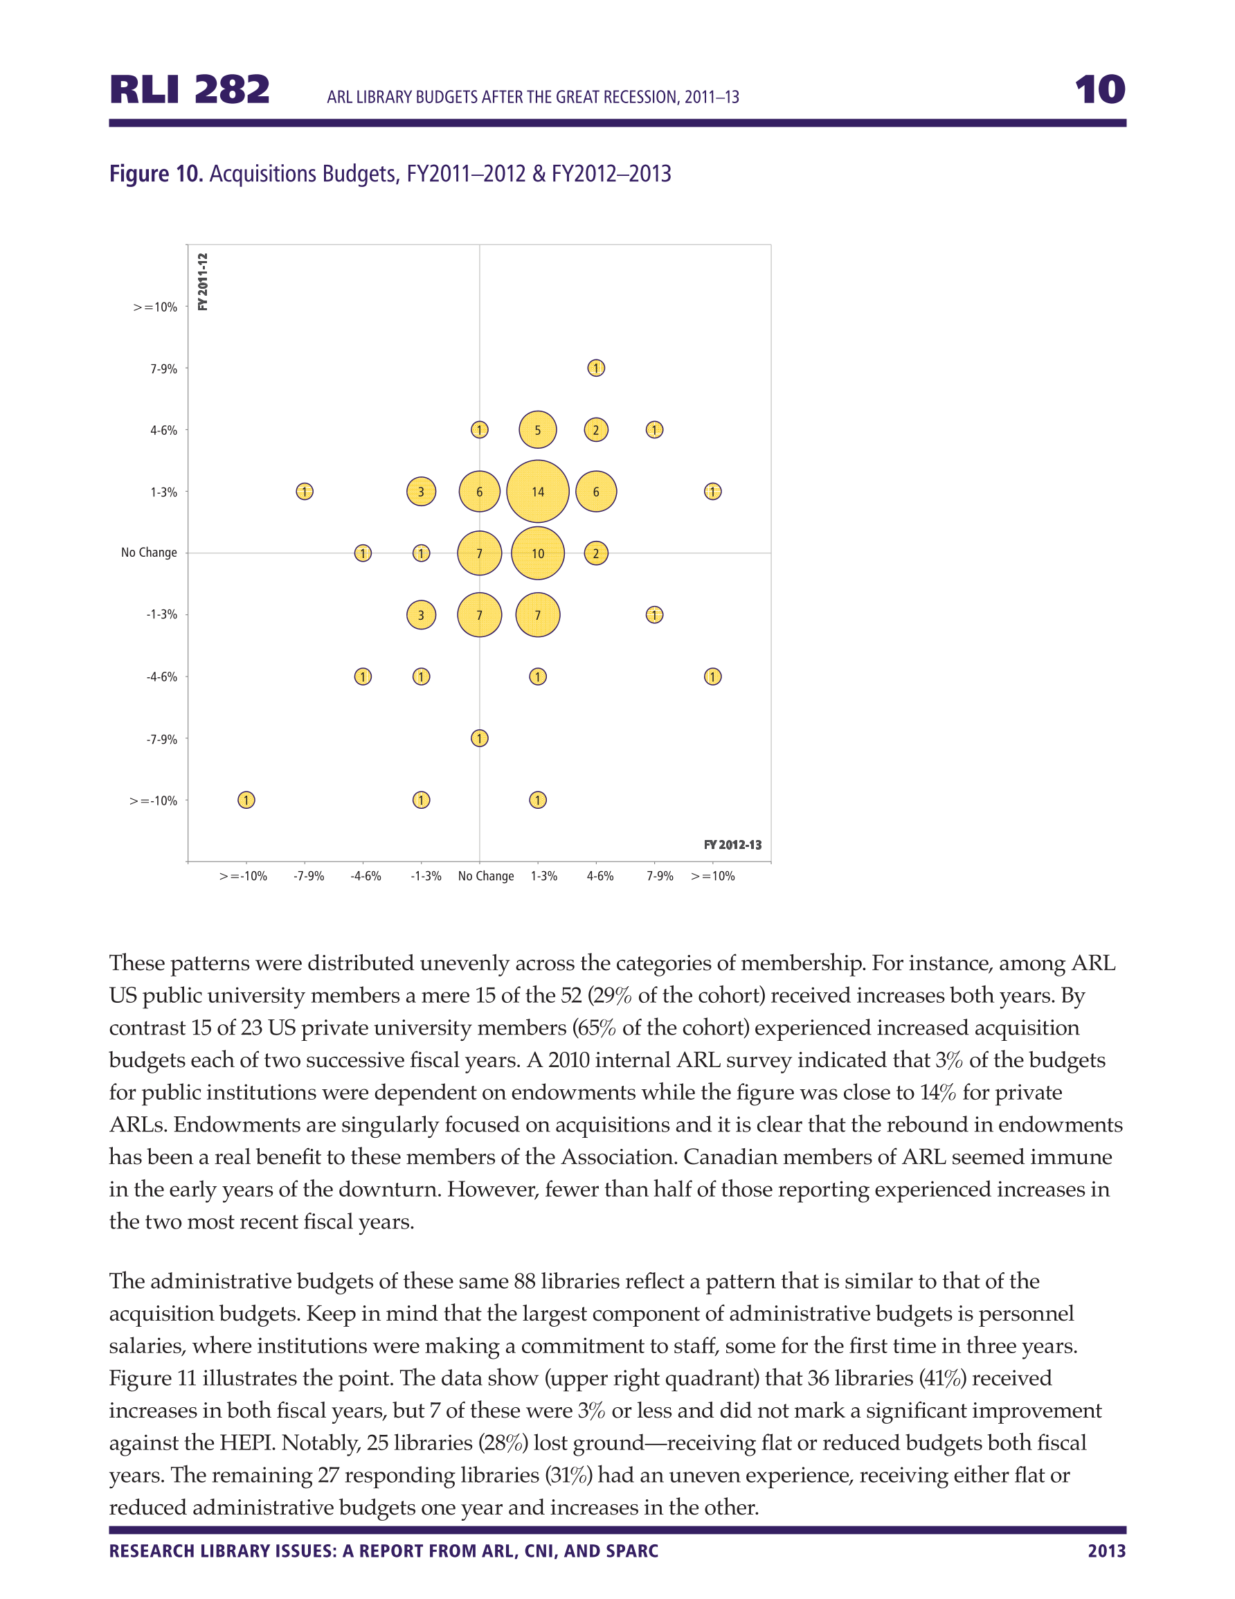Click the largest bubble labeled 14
[x=537, y=491]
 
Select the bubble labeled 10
[x=537, y=553]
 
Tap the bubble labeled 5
[x=537, y=430]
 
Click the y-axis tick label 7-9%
[x=163, y=369]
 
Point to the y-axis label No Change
[x=149, y=553]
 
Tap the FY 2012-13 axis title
[x=732, y=845]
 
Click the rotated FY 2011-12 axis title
[x=203, y=282]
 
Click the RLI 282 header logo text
[x=190, y=90]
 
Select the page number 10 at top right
[x=1099, y=90]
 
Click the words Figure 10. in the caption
[x=156, y=175]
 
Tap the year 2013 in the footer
[x=1106, y=1551]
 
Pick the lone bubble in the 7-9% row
[x=596, y=368]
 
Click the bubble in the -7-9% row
[x=479, y=738]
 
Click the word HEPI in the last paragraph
[x=247, y=1442]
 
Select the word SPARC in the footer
[x=632, y=1551]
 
